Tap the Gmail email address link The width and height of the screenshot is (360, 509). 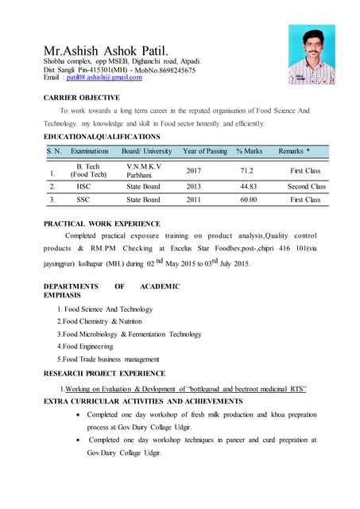(x=103, y=77)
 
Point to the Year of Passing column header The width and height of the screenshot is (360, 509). (x=204, y=150)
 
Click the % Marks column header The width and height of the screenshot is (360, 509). (x=249, y=150)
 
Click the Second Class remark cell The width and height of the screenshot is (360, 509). (x=306, y=186)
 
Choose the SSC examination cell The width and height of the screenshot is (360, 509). (x=83, y=200)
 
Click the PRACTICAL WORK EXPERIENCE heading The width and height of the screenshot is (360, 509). (x=102, y=223)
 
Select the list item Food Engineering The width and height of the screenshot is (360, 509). (x=84, y=346)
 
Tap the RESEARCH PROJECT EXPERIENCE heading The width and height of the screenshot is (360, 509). (x=104, y=373)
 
